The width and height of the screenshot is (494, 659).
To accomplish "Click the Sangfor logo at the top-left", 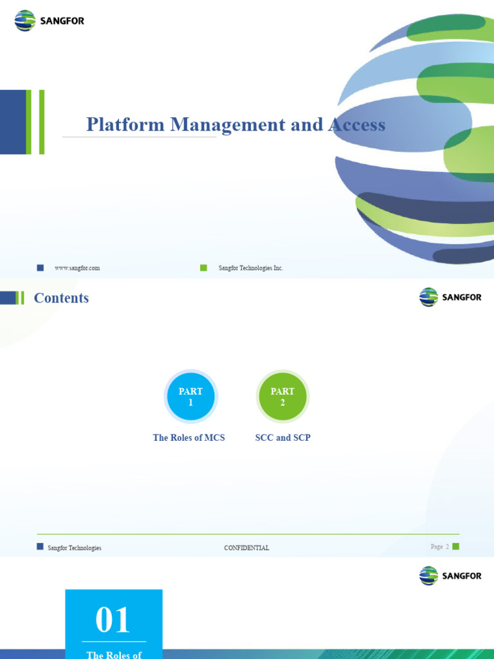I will (50, 21).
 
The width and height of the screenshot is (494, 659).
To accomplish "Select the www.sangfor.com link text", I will (77, 268).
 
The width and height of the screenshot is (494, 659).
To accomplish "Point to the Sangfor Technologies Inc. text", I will (251, 268).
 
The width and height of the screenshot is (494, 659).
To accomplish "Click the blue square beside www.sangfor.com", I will (41, 268).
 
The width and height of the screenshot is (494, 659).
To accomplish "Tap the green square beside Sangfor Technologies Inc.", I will (204, 268).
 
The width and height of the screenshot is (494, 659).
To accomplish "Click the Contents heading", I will (61, 298).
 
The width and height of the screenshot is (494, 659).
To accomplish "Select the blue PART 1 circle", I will (190, 397).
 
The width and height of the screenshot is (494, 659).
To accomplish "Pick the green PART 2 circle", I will (282, 397).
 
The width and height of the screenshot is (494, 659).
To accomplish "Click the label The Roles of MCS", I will (188, 438).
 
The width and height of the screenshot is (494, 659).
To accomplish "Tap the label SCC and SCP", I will (282, 438).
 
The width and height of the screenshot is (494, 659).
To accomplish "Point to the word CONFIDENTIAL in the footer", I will (246, 548).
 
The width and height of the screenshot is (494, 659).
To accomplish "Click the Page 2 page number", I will (440, 547).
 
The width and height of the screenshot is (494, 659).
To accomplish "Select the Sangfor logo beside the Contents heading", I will (450, 297).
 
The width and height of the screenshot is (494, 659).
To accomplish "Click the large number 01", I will (113, 621).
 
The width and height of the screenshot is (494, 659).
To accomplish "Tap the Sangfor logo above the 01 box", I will (450, 575).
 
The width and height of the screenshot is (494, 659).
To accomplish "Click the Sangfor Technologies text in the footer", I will (75, 548).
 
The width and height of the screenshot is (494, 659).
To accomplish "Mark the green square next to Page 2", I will (456, 546).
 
